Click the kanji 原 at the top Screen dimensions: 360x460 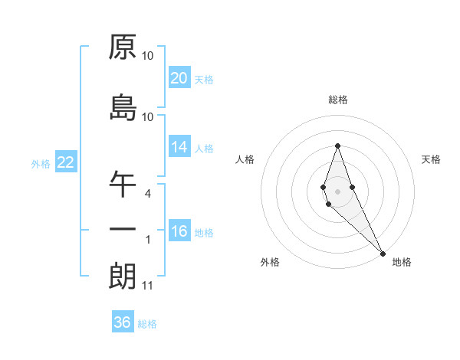coord(123,47)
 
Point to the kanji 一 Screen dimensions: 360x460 coord(123,229)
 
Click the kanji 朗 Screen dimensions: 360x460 coord(123,276)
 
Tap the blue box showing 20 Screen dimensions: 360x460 coord(179,78)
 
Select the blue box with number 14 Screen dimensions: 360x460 coord(179,147)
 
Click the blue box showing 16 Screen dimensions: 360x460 coord(179,231)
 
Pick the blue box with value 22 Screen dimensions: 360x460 coord(65,162)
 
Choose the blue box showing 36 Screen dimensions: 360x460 coord(123,322)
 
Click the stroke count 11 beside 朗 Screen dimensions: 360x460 coord(147,286)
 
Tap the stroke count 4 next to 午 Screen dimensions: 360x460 coord(147,193)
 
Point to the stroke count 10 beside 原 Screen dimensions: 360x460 coord(147,55)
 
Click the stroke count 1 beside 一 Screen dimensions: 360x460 coord(147,240)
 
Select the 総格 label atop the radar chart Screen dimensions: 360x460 coord(337,100)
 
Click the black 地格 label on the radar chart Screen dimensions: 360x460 coord(402,263)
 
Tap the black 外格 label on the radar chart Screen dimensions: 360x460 coord(270,263)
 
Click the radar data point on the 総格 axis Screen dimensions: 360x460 coord(337,146)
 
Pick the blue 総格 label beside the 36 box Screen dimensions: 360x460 coord(147,324)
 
